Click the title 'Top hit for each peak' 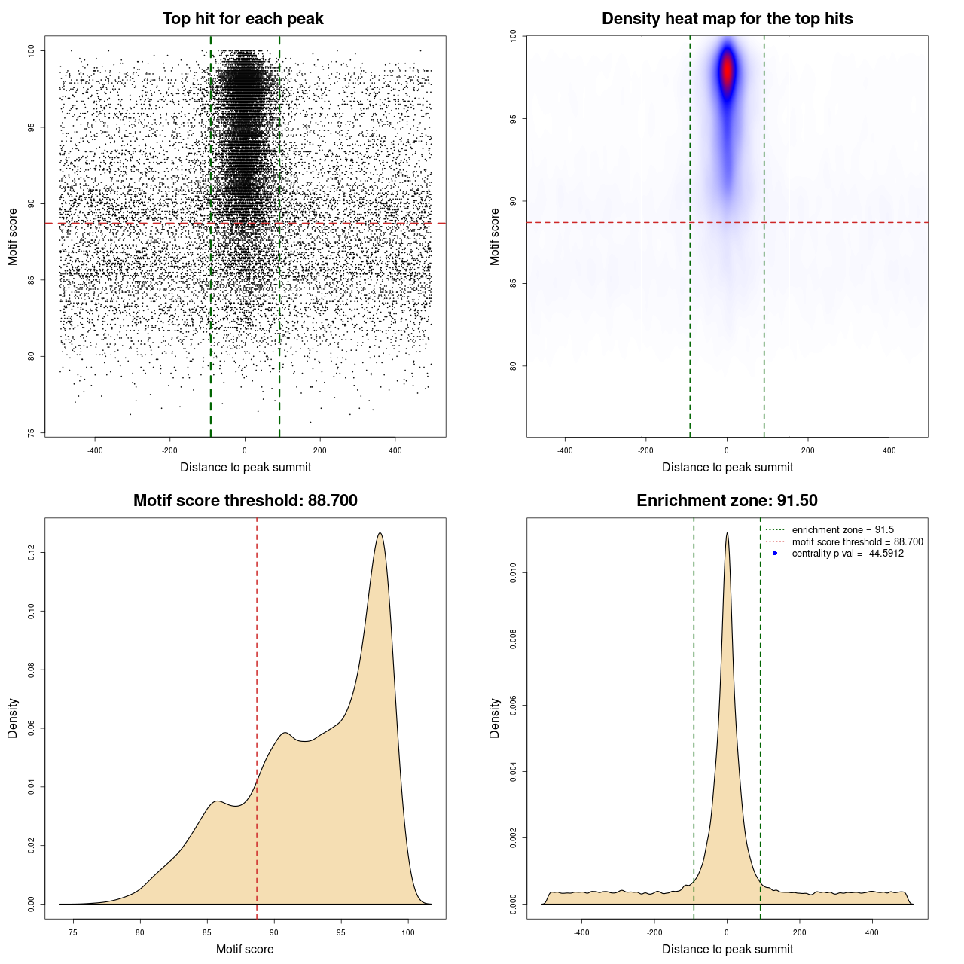click(x=243, y=19)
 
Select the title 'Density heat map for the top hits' click(x=727, y=19)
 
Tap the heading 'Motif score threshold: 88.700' click(x=245, y=501)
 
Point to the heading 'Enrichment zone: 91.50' click(x=727, y=501)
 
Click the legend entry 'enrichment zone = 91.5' click(x=843, y=530)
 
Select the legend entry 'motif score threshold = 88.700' click(x=857, y=541)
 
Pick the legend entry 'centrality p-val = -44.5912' click(x=847, y=554)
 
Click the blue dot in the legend click(x=775, y=554)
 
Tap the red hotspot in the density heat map click(x=727, y=73)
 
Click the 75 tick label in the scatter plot click(x=31, y=433)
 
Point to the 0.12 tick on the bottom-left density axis click(x=31, y=553)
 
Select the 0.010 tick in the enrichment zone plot click(x=513, y=573)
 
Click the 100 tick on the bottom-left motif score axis click(x=408, y=933)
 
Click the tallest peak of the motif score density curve click(x=380, y=534)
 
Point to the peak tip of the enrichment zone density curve click(x=727, y=534)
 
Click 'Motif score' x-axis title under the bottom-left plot click(x=245, y=949)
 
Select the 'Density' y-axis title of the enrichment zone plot click(x=495, y=718)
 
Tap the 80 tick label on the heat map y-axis click(x=513, y=366)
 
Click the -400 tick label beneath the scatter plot click(x=95, y=450)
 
